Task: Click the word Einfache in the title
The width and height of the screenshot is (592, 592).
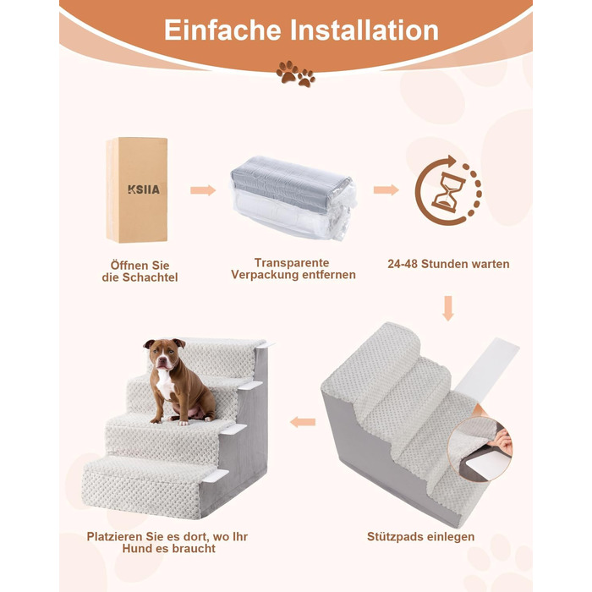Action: click(222, 30)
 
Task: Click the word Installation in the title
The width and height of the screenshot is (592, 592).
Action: click(365, 30)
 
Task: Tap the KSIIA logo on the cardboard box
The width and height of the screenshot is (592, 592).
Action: click(144, 189)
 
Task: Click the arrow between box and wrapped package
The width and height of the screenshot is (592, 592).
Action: click(203, 190)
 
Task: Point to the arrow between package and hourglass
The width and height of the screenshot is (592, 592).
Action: click(386, 189)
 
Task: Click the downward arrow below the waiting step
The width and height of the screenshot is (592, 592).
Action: click(448, 309)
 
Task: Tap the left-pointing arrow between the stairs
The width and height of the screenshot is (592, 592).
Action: click(303, 422)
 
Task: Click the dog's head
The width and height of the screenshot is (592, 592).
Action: click(163, 354)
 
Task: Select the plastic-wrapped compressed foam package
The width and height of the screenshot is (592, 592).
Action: click(293, 197)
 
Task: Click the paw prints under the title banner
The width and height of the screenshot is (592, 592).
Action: click(296, 74)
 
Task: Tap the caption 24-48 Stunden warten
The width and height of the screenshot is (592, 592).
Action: click(448, 264)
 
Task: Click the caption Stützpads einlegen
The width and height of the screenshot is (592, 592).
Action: click(421, 536)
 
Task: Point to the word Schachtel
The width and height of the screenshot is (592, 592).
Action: click(150, 277)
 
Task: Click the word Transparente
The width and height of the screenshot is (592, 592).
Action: click(292, 263)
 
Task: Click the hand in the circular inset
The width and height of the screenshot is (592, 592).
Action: click(503, 441)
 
